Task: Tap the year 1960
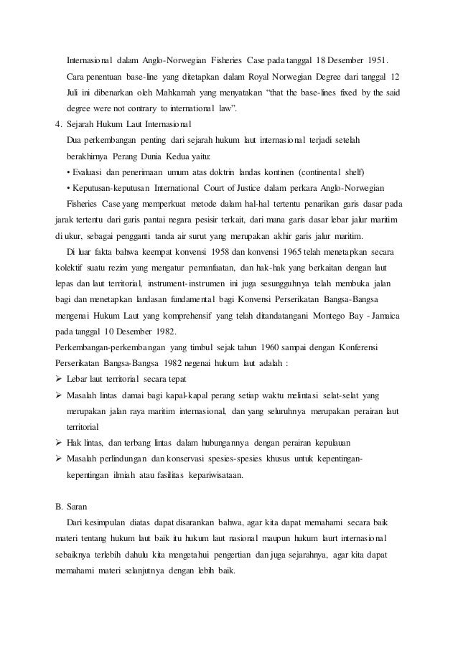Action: [x=251, y=347]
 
